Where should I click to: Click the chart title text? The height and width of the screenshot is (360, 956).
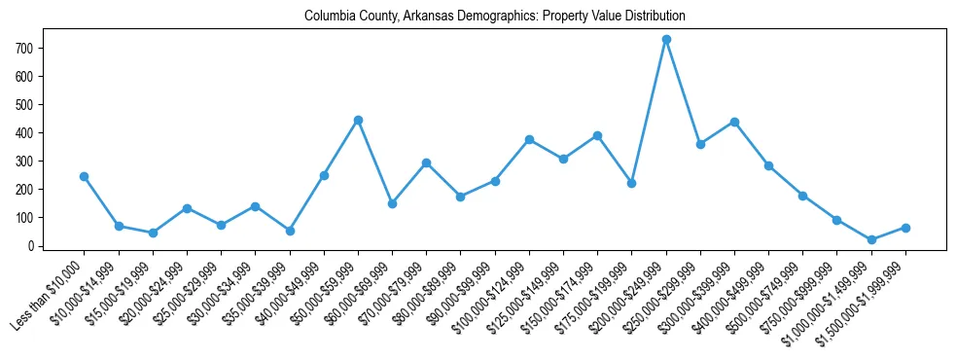coord(494,17)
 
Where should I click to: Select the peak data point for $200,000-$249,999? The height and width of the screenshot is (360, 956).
coord(666,40)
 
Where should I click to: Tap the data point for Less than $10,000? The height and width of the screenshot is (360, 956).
coord(85,176)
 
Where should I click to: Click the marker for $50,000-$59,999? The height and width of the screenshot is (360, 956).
coord(358,120)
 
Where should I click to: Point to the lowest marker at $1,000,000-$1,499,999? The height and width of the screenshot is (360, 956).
coord(871,239)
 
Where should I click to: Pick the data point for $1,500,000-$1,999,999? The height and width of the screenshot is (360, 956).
coord(905,228)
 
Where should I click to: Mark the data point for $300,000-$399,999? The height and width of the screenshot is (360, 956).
coord(734,122)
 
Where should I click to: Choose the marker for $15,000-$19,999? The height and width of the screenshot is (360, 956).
coord(153,233)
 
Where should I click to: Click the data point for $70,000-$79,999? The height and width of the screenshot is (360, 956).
coord(426,162)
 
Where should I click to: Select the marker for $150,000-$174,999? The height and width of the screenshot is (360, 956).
coord(597,135)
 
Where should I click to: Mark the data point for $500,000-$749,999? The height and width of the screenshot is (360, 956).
coord(802,196)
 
